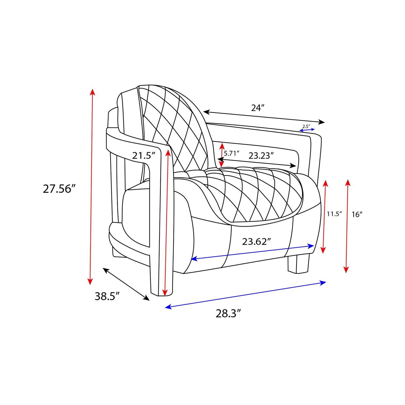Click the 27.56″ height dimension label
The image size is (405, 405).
point(59,189)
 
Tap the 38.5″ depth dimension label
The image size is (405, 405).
point(107,296)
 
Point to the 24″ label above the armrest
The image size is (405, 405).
point(258,108)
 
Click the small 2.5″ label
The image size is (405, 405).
point(306,126)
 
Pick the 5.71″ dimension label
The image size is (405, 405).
point(232,153)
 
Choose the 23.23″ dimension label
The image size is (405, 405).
point(261,156)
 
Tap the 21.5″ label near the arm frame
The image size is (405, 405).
point(144,156)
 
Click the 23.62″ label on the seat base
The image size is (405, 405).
point(256,242)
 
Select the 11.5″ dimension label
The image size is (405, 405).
point(334,214)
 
